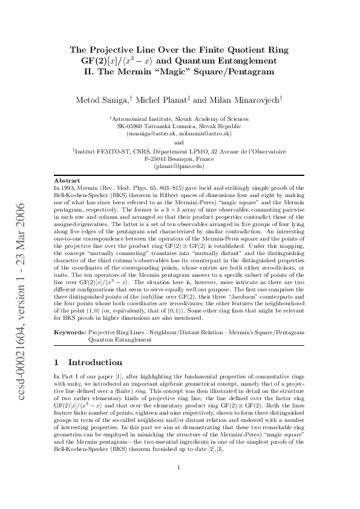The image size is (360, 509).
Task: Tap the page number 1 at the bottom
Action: (x=179, y=484)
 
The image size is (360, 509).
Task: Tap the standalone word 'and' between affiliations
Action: (x=179, y=143)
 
